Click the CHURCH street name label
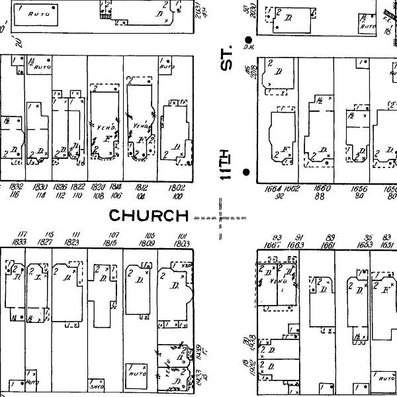pos(149,215)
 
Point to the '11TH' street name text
pos(228,163)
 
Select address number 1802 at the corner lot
pos(177,187)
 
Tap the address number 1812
pos(141,187)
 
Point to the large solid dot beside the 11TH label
pos(246,173)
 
